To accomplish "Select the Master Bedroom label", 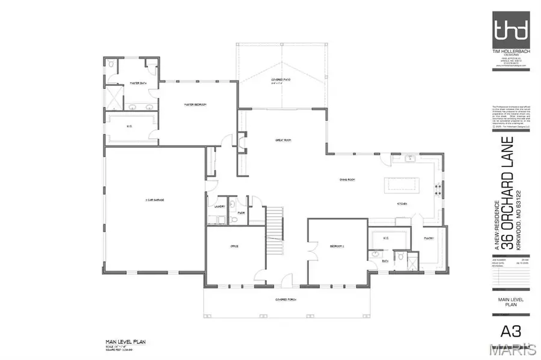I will [195, 105].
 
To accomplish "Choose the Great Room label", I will [283, 139].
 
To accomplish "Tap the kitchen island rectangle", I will [403, 183].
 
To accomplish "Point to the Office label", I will [235, 246].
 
